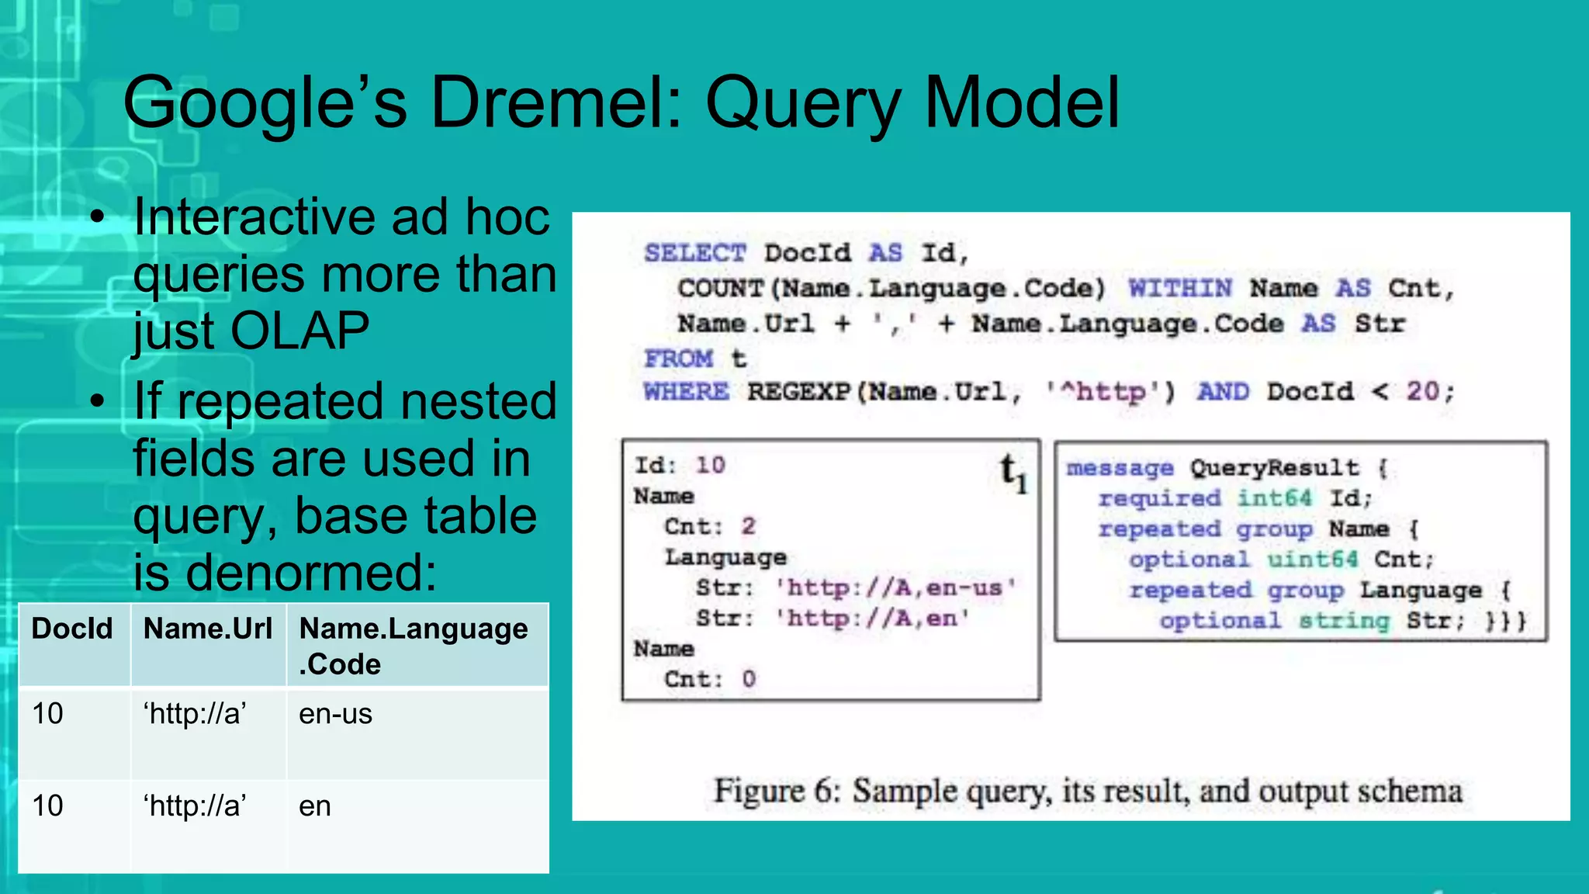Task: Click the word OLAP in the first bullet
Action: (x=299, y=331)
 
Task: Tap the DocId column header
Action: (x=72, y=629)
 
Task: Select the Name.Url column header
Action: (x=208, y=629)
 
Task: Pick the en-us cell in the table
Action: (x=335, y=714)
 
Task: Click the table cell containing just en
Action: (x=315, y=806)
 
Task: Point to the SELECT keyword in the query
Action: (x=694, y=253)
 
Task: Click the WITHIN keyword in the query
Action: (x=1179, y=289)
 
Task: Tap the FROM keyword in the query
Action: (x=678, y=359)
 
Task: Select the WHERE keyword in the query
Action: (x=686, y=392)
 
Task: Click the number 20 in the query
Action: (x=1423, y=392)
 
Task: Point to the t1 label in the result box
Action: (x=1013, y=473)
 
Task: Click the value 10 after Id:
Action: (x=710, y=465)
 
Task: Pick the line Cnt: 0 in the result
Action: (x=709, y=679)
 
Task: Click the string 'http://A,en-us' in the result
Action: (x=896, y=588)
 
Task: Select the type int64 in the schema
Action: (x=1274, y=498)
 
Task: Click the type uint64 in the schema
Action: (x=1312, y=560)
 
